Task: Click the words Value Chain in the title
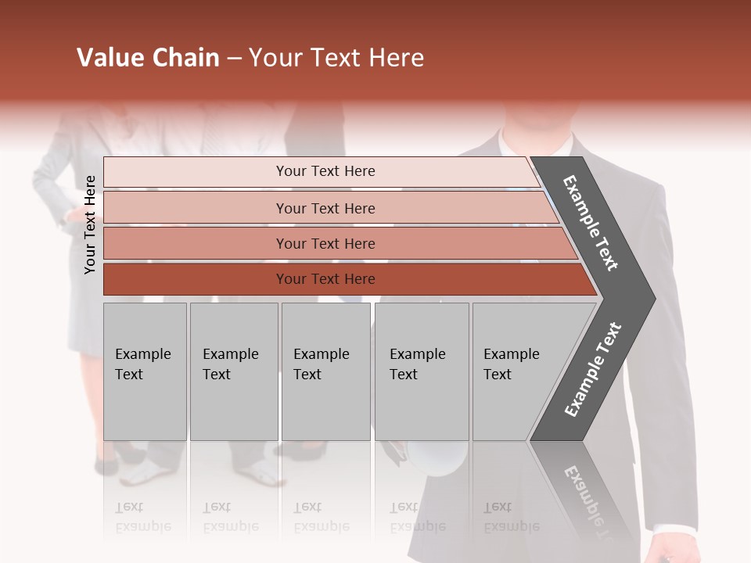(x=149, y=58)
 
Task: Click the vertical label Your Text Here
(x=90, y=224)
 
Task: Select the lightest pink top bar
(x=321, y=171)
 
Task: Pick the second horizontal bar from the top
(x=325, y=208)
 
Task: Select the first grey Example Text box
(x=145, y=371)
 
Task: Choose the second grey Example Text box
(x=233, y=371)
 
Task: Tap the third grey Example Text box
(x=325, y=371)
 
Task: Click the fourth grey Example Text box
(x=421, y=371)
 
